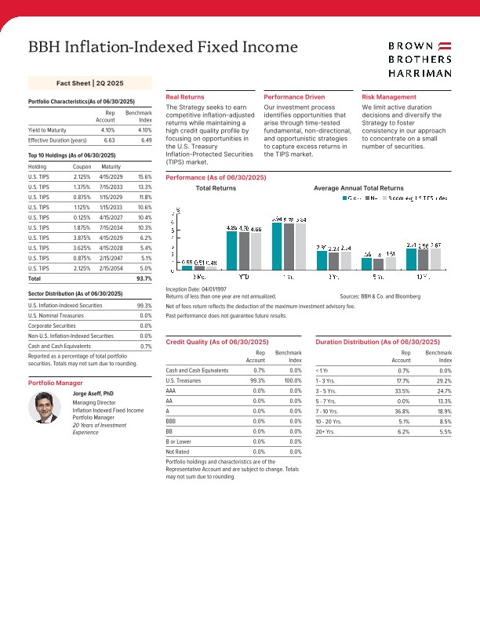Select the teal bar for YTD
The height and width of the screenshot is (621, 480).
(231, 250)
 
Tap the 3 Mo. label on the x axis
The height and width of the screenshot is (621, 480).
(198, 277)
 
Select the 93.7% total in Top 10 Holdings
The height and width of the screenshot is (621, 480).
(144, 278)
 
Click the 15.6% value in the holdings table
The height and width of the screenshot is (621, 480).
(144, 177)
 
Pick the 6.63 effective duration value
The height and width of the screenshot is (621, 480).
(109, 140)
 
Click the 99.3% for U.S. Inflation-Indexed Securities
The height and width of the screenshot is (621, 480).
(144, 306)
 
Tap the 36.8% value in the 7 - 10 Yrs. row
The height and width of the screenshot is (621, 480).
(402, 410)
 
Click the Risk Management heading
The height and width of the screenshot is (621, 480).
(389, 96)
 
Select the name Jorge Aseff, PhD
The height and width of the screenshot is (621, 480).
(93, 392)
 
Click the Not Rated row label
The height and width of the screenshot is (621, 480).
(177, 451)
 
